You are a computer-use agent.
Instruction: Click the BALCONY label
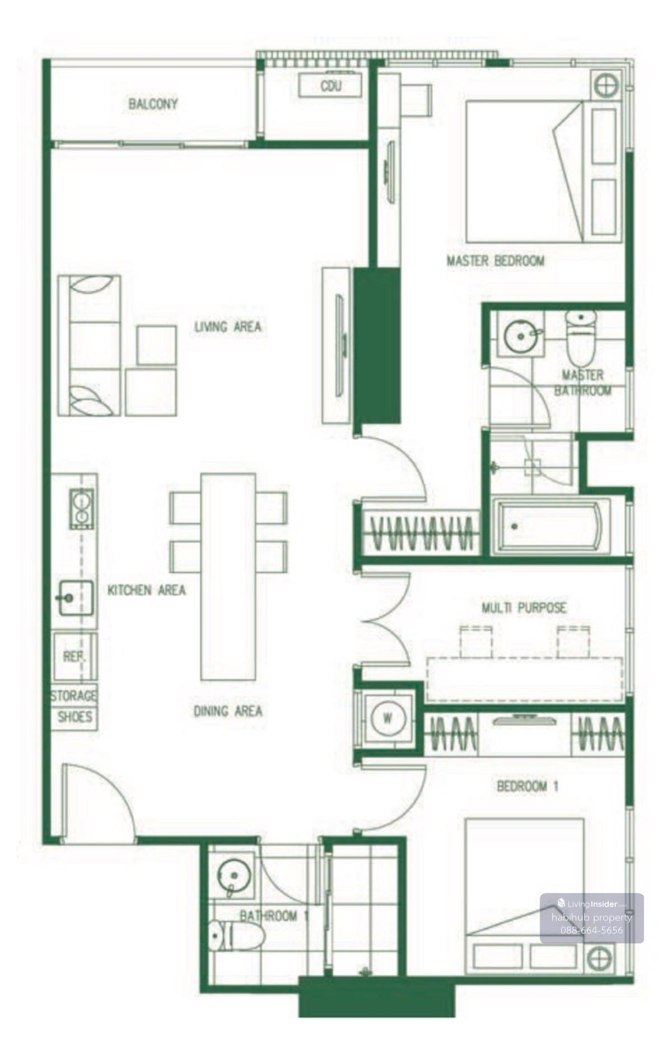click(153, 104)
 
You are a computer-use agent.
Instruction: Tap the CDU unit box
click(330, 86)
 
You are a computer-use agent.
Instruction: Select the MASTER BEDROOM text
click(496, 261)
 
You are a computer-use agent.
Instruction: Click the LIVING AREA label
click(228, 326)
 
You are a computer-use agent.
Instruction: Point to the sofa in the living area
click(90, 345)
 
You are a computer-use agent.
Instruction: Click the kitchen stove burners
click(82, 509)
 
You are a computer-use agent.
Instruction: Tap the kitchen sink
click(76, 598)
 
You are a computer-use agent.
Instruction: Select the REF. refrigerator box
click(74, 657)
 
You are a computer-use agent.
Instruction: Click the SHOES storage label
click(75, 717)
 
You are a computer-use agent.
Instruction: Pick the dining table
click(228, 577)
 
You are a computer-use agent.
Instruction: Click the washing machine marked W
click(388, 718)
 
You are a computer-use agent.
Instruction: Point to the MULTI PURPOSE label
click(524, 607)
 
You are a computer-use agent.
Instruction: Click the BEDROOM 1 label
click(528, 786)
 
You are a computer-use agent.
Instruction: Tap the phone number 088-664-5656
click(591, 930)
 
